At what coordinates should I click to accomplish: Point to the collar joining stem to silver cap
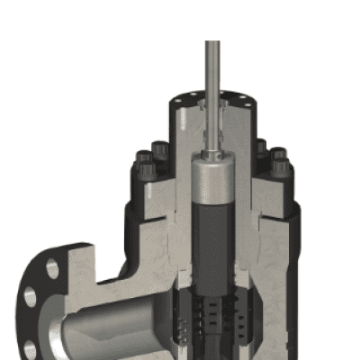pos(212,156)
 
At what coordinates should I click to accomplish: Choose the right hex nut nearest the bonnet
pos(261,148)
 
